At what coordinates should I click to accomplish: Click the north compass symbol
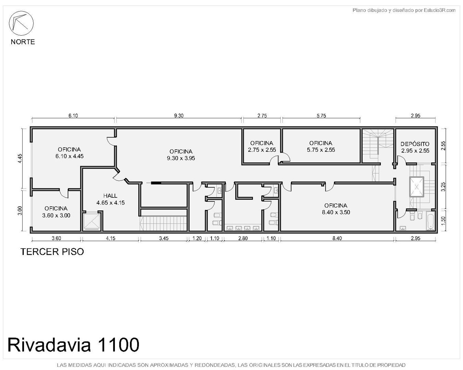[21, 23]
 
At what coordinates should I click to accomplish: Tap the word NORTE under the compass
[23, 42]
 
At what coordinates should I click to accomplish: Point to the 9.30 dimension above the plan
[179, 116]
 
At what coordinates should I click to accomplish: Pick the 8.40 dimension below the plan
[337, 238]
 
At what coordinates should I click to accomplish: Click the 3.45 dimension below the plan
[164, 238]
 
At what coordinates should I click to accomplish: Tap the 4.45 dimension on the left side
[20, 158]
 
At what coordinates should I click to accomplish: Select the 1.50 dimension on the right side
[443, 220]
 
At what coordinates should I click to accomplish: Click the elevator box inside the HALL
[92, 221]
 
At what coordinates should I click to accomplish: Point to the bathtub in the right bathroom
[430, 221]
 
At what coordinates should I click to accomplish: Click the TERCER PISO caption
[52, 252]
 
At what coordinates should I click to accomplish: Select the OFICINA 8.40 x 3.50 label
[336, 209]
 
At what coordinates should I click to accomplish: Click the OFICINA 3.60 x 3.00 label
[56, 212]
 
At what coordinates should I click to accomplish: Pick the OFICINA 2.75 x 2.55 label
[262, 146]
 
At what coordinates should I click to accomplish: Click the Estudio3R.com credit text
[404, 10]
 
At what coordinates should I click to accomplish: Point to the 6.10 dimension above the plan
[73, 116]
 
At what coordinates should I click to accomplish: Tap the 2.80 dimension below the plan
[243, 238]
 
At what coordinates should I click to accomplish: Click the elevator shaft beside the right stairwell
[416, 187]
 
